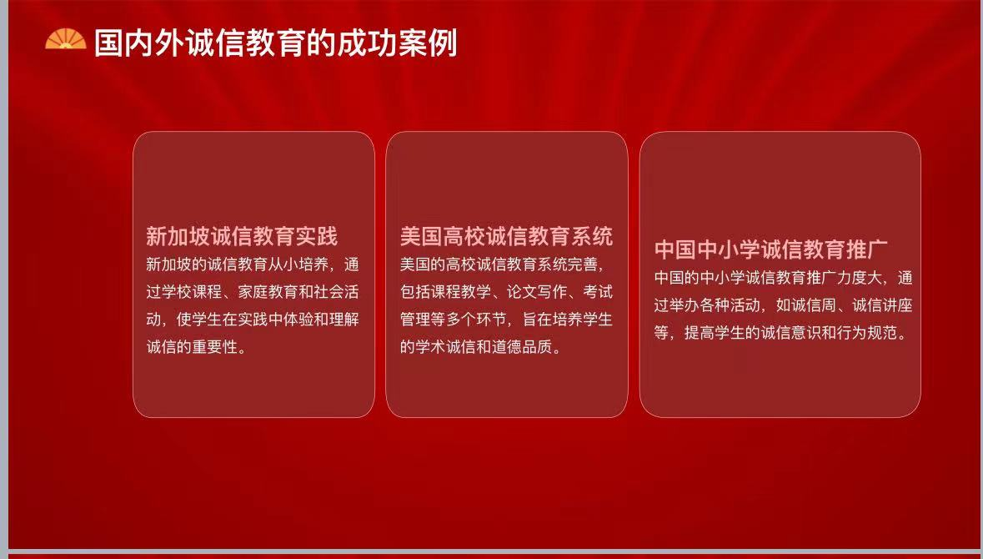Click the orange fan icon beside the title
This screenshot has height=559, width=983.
tap(66, 39)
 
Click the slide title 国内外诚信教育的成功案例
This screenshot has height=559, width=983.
tap(276, 43)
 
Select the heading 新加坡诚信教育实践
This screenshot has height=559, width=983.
tap(241, 236)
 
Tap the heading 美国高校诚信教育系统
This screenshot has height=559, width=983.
tap(507, 236)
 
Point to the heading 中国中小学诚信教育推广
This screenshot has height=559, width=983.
tap(771, 249)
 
